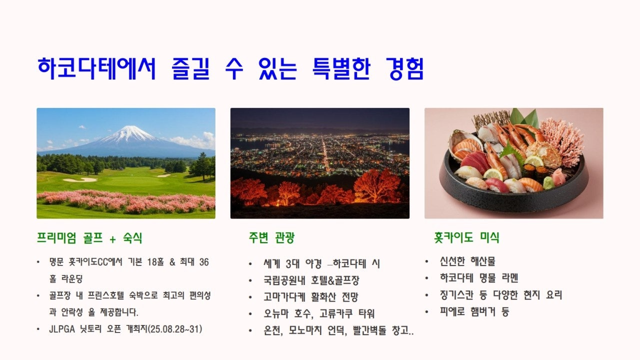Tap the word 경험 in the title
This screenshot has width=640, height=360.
point(405,68)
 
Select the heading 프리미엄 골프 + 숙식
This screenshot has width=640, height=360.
point(89,238)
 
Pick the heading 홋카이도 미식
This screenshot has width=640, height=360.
point(466,238)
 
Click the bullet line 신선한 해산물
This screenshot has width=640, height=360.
point(467,261)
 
